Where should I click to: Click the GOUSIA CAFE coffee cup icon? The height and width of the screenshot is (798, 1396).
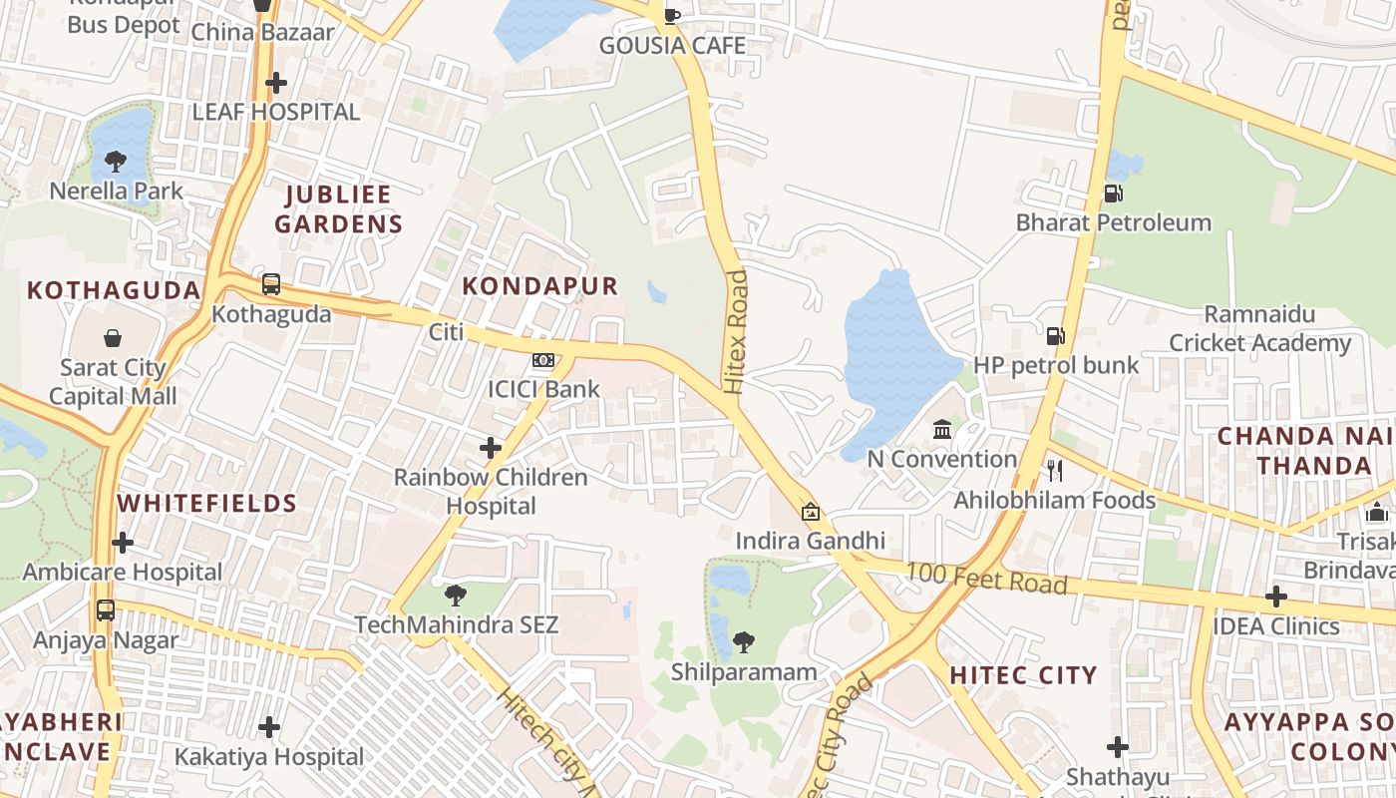(672, 16)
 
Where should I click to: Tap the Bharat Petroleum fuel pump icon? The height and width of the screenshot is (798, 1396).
(1113, 194)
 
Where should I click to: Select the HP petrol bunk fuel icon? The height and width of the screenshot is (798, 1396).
(1055, 336)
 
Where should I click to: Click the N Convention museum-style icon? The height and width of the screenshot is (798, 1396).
(942, 430)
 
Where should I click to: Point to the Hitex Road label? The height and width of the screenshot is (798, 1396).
(736, 332)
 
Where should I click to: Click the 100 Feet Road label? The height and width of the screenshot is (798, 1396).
(986, 579)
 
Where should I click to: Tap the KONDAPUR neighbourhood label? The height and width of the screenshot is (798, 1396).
(540, 286)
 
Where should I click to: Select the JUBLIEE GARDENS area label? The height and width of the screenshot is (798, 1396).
(339, 208)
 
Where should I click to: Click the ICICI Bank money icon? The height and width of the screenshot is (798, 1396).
(543, 359)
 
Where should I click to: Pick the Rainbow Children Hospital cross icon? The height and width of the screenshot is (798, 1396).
(490, 448)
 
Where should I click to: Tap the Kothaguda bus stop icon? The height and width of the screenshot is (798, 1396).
(271, 284)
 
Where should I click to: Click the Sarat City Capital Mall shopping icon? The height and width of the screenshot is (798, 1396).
(113, 339)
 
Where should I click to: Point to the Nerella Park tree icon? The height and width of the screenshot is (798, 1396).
(116, 162)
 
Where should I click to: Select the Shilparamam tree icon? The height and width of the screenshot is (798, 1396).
(743, 642)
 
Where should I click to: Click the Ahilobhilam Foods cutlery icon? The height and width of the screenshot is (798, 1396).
(1054, 470)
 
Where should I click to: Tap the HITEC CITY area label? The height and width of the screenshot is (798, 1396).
(1023, 675)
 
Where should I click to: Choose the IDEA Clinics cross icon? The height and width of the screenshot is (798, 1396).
(1275, 597)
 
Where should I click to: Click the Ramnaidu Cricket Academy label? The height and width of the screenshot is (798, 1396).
(1259, 329)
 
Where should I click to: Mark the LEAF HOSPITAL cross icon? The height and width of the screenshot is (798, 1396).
(276, 83)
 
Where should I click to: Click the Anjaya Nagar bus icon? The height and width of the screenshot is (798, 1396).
(106, 610)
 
